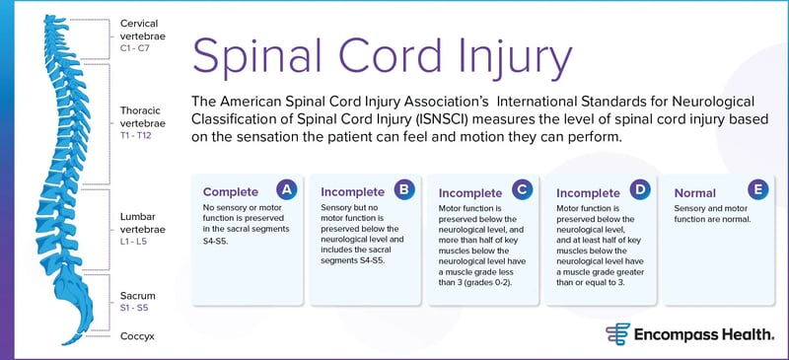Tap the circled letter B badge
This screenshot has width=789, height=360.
click(403, 189)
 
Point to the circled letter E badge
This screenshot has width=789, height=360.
click(757, 189)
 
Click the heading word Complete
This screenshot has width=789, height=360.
click(230, 191)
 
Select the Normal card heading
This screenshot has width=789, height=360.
click(694, 192)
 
